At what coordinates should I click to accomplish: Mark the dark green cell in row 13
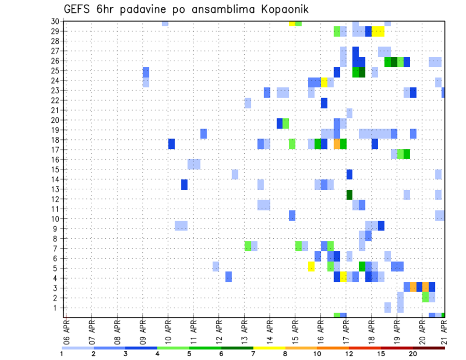click(349, 194)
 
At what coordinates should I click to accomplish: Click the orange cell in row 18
click(337, 144)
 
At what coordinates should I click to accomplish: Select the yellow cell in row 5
click(311, 266)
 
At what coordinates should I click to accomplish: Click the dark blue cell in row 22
click(324, 103)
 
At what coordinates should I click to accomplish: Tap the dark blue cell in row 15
click(349, 174)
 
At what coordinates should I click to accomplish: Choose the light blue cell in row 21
click(349, 113)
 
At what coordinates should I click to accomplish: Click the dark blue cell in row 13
click(184, 184)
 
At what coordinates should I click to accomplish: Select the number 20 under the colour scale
click(414, 354)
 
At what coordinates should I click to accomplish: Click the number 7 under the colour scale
click(253, 354)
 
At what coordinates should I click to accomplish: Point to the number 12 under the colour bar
click(349, 354)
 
